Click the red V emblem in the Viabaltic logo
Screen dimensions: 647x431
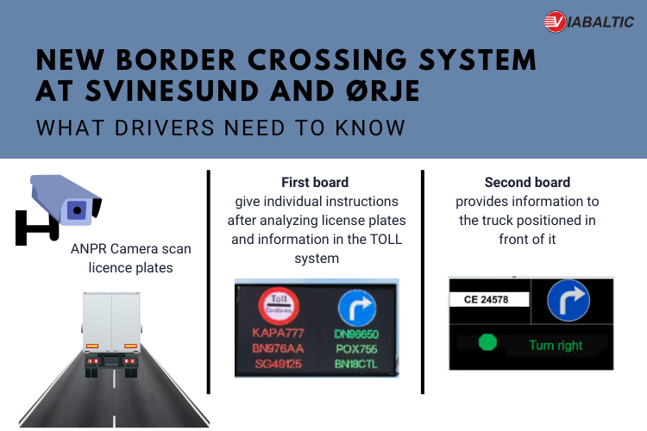click(555, 22)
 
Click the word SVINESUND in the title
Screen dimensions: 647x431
click(172, 91)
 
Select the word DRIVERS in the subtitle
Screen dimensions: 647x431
click(165, 128)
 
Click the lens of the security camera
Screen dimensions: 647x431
click(77, 210)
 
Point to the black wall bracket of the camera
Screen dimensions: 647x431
click(36, 227)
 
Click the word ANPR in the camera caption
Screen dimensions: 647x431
click(89, 249)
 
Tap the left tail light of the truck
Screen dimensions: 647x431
click(92, 346)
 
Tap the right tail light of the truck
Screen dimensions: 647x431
click(130, 346)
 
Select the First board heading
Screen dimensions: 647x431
click(315, 182)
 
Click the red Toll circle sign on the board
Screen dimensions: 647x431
click(279, 306)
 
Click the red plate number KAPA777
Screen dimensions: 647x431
click(278, 333)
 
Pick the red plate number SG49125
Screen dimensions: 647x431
click(278, 364)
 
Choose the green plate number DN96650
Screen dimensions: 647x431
click(356, 334)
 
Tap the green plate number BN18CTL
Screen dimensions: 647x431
click(356, 364)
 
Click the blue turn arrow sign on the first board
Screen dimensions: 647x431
click(357, 308)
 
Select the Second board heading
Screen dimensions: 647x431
click(527, 182)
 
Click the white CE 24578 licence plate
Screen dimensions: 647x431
click(489, 299)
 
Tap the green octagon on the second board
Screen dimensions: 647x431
click(487, 342)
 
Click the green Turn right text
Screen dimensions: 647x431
click(556, 345)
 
